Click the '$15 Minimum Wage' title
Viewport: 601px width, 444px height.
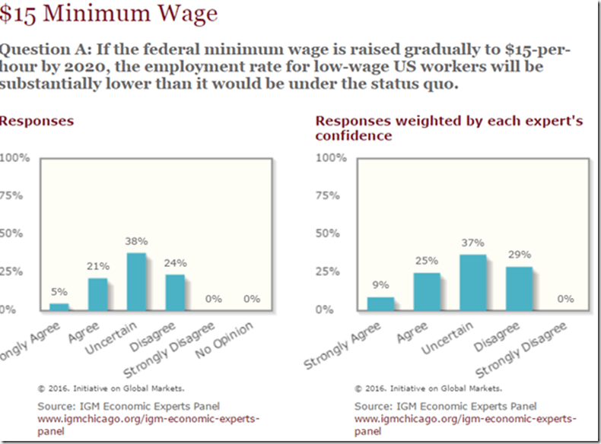click(110, 14)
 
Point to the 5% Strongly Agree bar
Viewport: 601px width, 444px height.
click(59, 306)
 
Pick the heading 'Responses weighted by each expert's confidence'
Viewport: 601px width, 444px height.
click(449, 128)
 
